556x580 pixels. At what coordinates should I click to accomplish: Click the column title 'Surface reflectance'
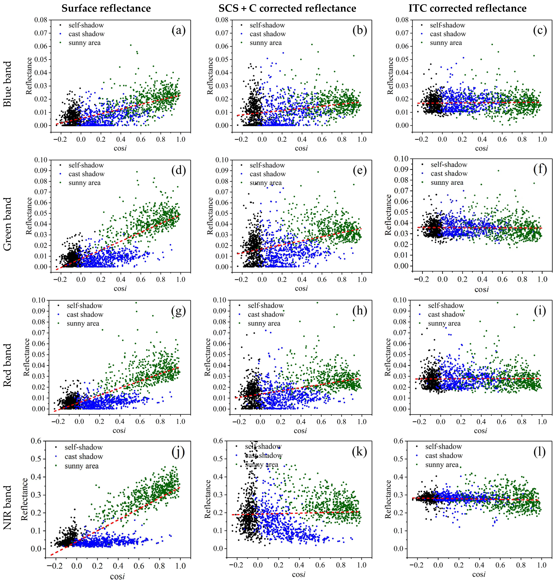(106, 8)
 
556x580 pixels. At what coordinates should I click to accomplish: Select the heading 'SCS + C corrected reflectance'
(287, 8)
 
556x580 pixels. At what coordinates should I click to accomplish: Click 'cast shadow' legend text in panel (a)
(86, 34)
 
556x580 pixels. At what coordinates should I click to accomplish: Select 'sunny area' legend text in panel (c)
(446, 43)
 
